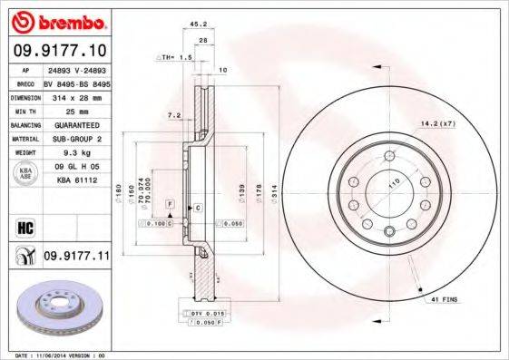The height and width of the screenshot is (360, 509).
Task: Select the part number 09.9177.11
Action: pyautogui.click(x=76, y=258)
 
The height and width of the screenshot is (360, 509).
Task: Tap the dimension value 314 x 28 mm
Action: pyautogui.click(x=76, y=95)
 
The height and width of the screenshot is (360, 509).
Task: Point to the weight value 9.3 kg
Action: pyautogui.click(x=76, y=153)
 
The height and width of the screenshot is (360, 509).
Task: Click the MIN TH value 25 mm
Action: pyautogui.click(x=76, y=110)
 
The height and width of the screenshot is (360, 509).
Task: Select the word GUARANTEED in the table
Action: pyautogui.click(x=76, y=124)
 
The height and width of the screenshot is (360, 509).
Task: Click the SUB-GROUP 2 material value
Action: pyautogui.click(x=76, y=139)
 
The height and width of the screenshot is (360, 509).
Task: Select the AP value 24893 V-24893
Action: pyautogui.click(x=76, y=69)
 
